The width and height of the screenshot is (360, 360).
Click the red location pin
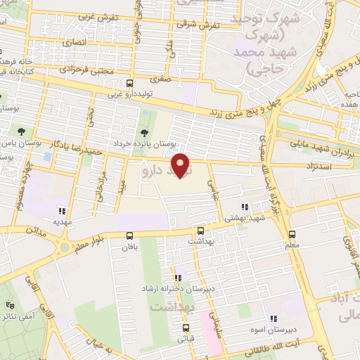coord(181,165)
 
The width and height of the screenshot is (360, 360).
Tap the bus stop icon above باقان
coord(129,236)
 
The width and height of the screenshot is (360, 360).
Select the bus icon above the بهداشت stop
coord(200,230)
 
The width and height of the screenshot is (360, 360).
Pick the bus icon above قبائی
coord(186,328)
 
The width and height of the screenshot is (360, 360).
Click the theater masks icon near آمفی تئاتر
coord(10,306)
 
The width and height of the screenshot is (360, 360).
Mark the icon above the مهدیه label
coord(61,210)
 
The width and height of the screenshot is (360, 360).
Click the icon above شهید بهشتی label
coord(245,207)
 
